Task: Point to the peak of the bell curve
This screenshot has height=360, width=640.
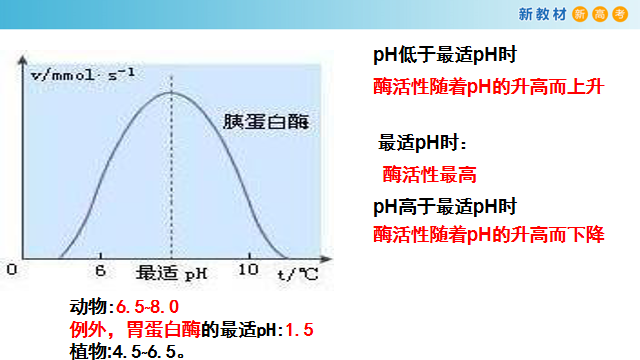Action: coord(171,92)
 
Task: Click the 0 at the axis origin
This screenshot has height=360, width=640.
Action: coord(11,271)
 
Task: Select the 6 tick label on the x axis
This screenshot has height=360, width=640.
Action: coord(100,271)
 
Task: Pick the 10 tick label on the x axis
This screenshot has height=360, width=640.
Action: coord(250,271)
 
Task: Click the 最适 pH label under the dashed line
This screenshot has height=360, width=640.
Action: coord(172,272)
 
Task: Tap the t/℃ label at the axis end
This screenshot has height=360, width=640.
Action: coord(298,272)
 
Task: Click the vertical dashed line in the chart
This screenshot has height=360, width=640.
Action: coord(171,180)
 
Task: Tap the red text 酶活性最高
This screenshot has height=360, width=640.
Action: coord(429,174)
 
